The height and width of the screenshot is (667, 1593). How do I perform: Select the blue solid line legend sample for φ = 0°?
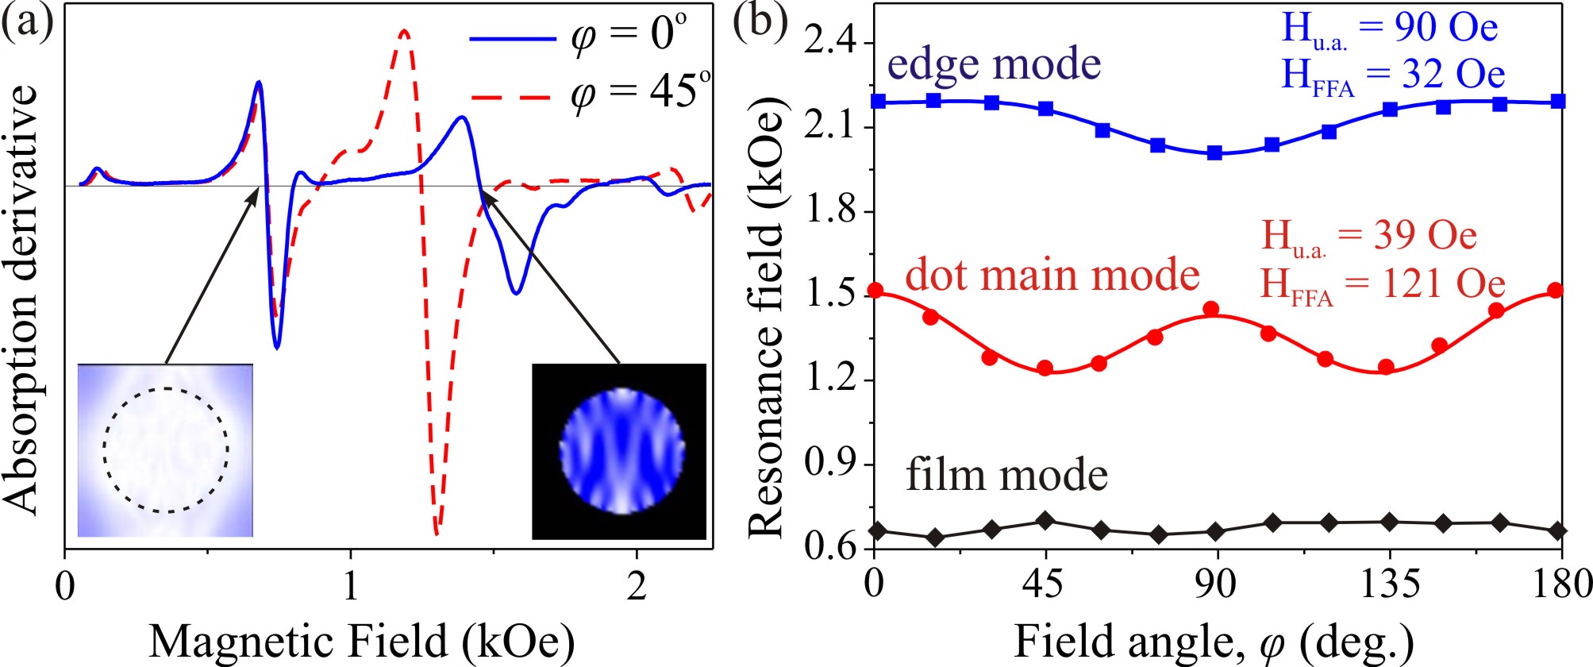click(512, 38)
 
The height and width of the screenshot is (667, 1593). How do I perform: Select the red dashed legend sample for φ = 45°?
click(512, 97)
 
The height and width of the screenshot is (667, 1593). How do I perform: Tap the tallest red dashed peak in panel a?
click(405, 33)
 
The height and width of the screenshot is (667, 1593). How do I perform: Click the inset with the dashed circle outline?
click(165, 450)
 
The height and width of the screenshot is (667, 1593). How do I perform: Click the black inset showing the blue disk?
click(619, 451)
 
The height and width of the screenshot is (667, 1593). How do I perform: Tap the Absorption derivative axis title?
click(22, 299)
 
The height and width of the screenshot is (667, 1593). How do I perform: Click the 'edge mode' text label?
click(994, 64)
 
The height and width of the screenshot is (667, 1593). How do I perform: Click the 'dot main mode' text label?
click(1052, 275)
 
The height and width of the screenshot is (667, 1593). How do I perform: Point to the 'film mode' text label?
click(1006, 475)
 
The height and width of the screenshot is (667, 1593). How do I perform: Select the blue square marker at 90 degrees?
click(1214, 152)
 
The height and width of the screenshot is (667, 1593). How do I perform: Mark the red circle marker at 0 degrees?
click(875, 291)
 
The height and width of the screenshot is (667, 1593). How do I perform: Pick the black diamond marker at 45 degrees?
click(1045, 521)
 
